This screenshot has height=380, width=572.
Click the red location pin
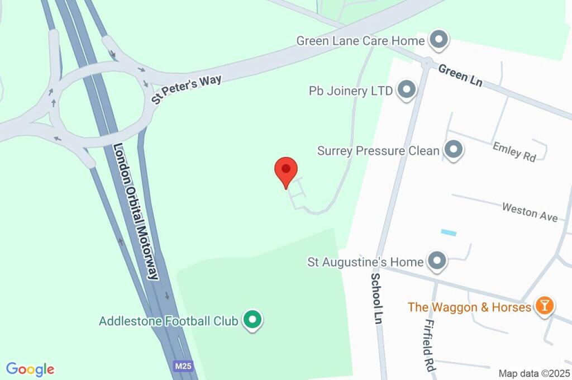click(x=286, y=170)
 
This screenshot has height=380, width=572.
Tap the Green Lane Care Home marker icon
click(x=438, y=40)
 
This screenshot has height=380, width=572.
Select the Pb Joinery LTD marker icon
click(x=406, y=89)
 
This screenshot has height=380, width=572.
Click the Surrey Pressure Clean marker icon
click(x=453, y=150)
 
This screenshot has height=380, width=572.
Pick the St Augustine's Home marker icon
click(x=437, y=260)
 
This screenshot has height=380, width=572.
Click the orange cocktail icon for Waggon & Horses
click(x=543, y=306)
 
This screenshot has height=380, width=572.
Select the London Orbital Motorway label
click(x=136, y=211)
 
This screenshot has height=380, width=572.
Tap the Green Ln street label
click(x=460, y=75)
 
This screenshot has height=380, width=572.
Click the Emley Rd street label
click(x=514, y=151)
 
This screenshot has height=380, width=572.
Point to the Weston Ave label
click(x=530, y=212)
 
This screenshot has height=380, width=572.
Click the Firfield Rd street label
click(x=428, y=345)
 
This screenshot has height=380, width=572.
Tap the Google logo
click(x=30, y=369)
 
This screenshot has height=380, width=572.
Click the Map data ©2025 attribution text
click(x=534, y=373)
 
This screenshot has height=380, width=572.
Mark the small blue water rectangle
click(x=449, y=232)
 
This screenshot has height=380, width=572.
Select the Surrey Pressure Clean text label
click(x=378, y=151)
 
